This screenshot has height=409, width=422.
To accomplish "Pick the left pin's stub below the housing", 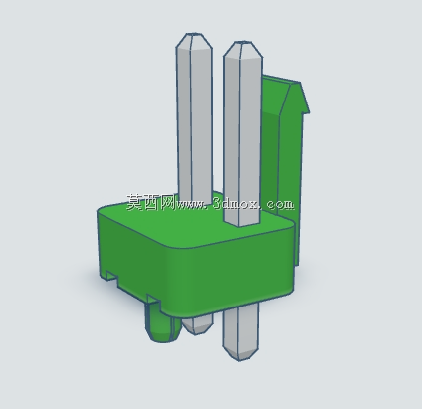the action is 198,325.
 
